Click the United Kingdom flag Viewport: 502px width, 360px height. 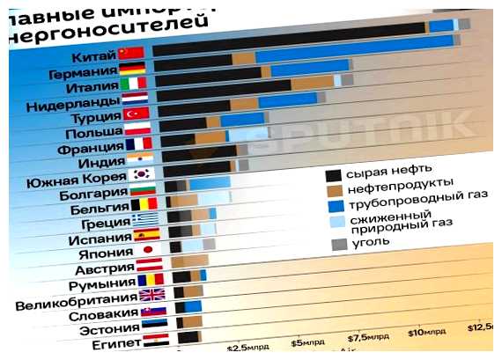151,297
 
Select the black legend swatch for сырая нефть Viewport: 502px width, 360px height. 333,174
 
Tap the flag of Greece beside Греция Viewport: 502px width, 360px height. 145,218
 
